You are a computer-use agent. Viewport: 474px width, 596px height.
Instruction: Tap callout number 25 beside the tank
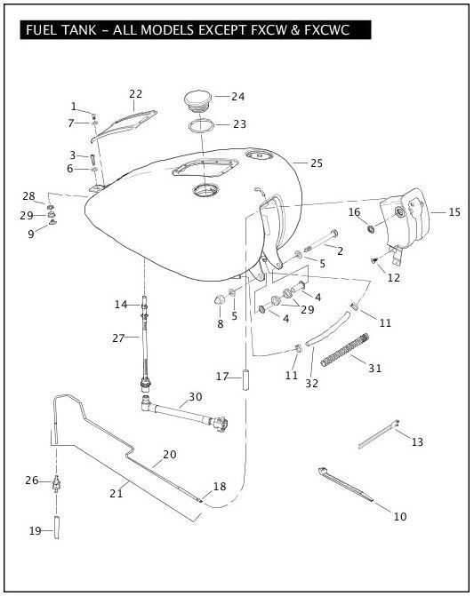(317, 163)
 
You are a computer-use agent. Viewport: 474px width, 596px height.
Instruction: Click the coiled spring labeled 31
(345, 350)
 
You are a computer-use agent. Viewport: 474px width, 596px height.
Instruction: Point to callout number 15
(454, 212)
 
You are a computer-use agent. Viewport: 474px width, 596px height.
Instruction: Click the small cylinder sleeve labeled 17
(245, 378)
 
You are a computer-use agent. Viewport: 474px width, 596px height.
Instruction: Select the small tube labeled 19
(57, 528)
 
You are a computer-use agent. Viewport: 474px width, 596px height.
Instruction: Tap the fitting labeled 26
(57, 483)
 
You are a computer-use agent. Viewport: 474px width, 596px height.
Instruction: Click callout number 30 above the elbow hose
(196, 397)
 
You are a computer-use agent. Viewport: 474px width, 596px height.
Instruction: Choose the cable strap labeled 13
(379, 434)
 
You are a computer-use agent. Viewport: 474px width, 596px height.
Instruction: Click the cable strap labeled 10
(345, 485)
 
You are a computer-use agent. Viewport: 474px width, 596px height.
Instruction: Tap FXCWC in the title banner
(326, 29)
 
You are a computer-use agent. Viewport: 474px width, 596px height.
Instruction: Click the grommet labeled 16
(370, 229)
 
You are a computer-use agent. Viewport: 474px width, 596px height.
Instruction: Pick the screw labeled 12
(374, 260)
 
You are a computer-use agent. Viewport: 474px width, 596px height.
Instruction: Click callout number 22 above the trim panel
(135, 94)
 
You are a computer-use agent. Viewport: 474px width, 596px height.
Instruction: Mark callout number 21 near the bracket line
(116, 493)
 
